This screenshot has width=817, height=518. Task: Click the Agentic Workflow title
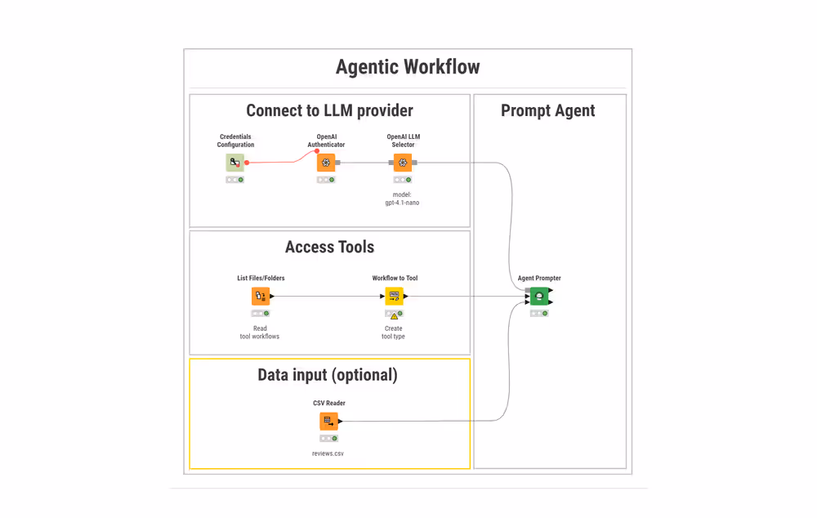coord(408,67)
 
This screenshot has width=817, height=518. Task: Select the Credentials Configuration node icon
coord(234,163)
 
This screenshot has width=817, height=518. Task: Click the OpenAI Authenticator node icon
coord(326,163)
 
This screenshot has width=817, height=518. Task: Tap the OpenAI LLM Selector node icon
coord(403,163)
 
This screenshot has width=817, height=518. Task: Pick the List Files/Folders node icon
coord(260,296)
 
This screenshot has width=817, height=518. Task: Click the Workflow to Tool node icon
coord(394,296)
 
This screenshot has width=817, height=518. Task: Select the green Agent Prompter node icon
coord(539,296)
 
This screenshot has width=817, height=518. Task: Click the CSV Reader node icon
coord(328,421)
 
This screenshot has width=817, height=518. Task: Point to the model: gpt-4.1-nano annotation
coord(402,199)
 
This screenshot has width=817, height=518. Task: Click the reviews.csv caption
coord(328,453)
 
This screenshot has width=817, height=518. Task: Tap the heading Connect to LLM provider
coord(329,110)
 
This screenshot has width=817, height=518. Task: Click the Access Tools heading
coord(329,247)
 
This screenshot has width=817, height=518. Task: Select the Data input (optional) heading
coord(328,375)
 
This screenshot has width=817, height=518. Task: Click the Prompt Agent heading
coord(547,110)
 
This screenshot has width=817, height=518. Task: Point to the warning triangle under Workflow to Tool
coord(394,316)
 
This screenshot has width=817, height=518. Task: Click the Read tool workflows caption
coord(260,333)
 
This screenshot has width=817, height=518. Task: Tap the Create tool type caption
coord(393,333)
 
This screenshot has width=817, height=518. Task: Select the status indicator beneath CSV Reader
coord(328,439)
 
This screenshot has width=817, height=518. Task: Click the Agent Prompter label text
coord(539,279)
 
